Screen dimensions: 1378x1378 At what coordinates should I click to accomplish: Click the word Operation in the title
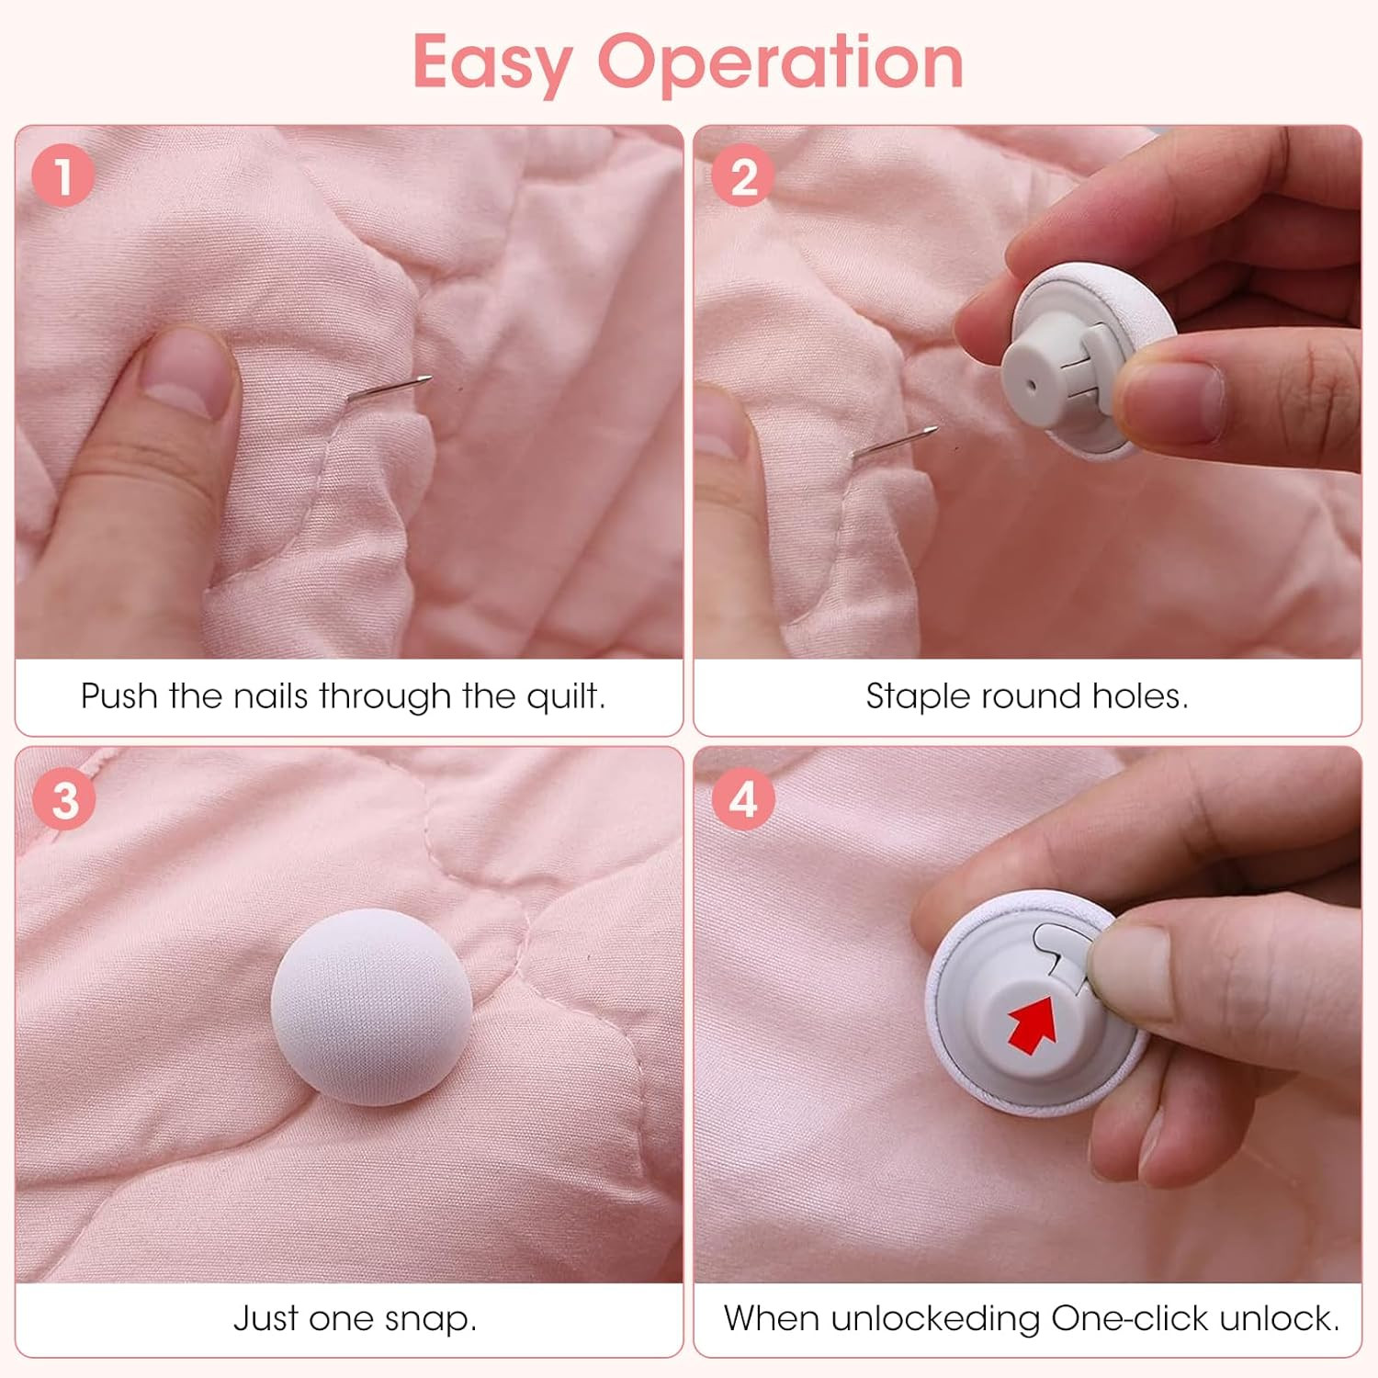tap(781, 62)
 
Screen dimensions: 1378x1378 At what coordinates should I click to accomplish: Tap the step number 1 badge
tap(63, 175)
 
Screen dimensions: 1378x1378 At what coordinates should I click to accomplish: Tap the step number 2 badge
tap(743, 175)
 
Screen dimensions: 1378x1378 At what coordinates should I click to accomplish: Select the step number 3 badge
tap(63, 799)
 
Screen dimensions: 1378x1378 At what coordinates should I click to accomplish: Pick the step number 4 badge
tap(743, 799)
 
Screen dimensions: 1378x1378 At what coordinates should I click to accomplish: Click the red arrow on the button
tap(1033, 1024)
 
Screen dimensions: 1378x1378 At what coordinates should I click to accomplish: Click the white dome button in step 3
tap(371, 1006)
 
